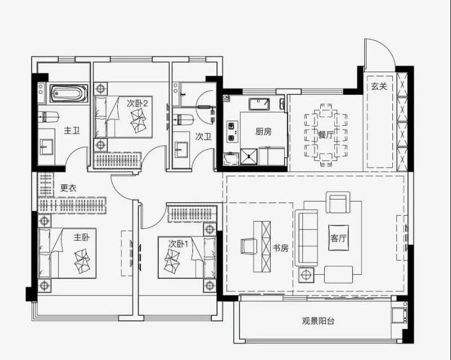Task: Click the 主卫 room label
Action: (x=72, y=130)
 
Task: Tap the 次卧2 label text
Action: (x=137, y=103)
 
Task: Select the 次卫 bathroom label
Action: (x=203, y=137)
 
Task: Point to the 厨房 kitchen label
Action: (x=263, y=131)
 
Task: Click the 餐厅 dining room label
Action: (x=325, y=135)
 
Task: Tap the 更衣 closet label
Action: (x=69, y=188)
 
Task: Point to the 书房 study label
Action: (x=281, y=248)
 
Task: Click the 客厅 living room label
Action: (x=339, y=239)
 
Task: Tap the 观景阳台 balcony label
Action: (x=318, y=321)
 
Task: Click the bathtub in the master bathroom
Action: (x=69, y=93)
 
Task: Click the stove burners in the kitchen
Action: (x=231, y=131)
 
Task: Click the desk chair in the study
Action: (x=249, y=246)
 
